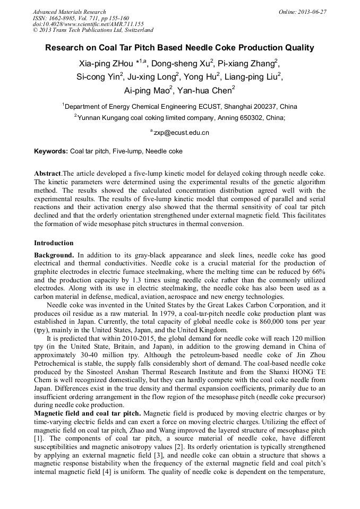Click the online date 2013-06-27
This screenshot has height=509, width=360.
click(x=312, y=12)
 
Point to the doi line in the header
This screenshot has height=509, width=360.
click(x=88, y=24)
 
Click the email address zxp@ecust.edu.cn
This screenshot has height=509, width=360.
click(x=181, y=133)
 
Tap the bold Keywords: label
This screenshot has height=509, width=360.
click(x=51, y=151)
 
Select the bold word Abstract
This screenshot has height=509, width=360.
click(x=47, y=174)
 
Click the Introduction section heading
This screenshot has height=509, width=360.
click(x=54, y=243)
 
